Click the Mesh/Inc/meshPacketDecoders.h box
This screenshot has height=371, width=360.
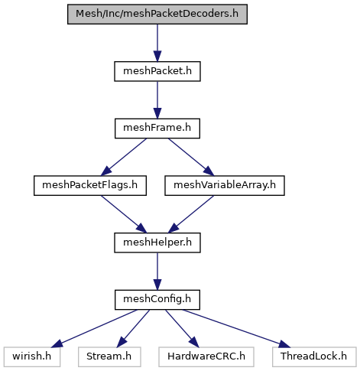tap(157, 14)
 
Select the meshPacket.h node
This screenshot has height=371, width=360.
tap(157, 71)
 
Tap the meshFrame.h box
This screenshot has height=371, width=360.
tap(157, 129)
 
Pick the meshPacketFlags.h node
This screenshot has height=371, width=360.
tap(90, 185)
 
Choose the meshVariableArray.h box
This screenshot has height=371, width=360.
tap(225, 185)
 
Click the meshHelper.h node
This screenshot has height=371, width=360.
tap(157, 242)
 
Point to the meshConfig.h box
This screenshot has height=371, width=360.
tap(157, 300)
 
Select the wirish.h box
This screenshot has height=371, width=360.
tap(32, 356)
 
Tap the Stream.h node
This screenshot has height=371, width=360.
tap(109, 356)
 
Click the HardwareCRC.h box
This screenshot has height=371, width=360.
tap(206, 356)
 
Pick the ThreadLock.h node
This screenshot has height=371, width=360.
tap(314, 356)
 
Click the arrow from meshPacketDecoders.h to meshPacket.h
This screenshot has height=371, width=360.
tap(157, 43)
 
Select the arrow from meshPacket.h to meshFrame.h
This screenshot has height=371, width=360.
tap(157, 100)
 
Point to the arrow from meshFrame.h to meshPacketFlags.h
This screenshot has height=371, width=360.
tap(124, 157)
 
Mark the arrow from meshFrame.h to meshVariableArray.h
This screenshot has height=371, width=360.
tap(191, 157)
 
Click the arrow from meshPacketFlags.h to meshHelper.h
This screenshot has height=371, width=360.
tap(124, 214)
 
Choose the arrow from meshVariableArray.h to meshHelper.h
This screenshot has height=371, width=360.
tap(191, 214)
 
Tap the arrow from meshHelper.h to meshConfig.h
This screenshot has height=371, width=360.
tap(157, 272)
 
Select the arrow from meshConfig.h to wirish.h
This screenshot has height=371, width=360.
tap(94, 328)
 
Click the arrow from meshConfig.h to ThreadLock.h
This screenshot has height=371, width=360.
tap(236, 328)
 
